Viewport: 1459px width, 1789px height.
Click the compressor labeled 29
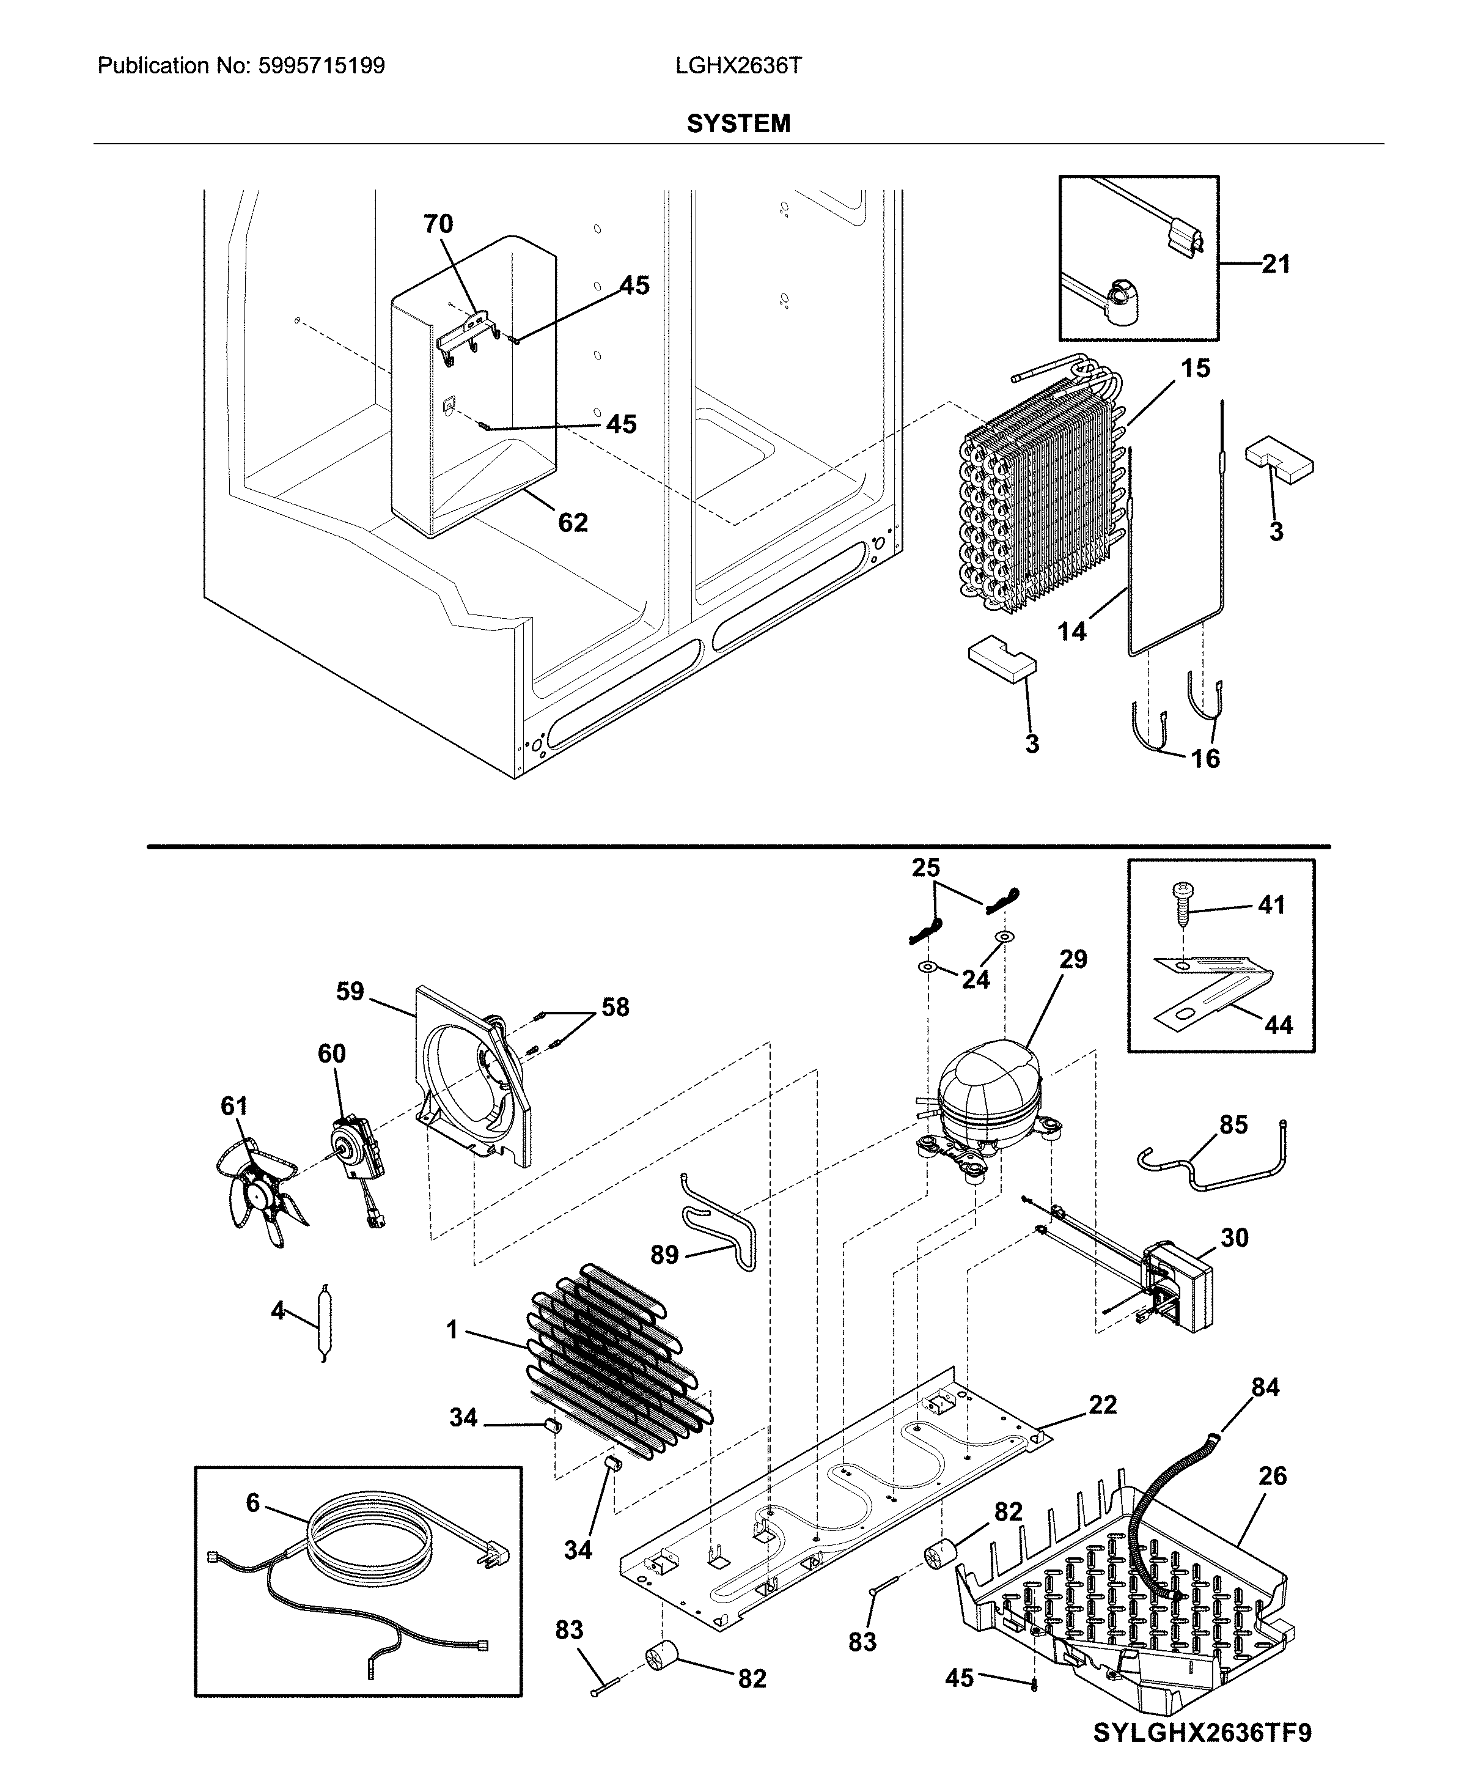coord(988,1097)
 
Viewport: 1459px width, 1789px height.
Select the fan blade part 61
coord(260,1188)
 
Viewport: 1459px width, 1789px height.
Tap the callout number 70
coord(438,224)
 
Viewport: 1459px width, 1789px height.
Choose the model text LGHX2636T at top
coord(738,65)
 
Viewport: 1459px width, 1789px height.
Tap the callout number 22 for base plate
coord(1102,1404)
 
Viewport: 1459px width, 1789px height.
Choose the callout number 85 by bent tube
coord(1233,1125)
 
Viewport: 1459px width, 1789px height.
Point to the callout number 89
coord(664,1255)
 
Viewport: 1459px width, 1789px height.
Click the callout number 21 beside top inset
coord(1275,264)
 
